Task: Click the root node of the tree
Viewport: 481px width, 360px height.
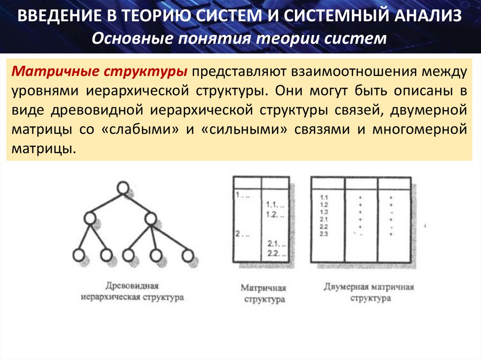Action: [x=123, y=188]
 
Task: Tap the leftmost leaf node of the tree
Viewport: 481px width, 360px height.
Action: [x=78, y=256]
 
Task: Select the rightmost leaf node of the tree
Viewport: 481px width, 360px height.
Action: [x=188, y=256]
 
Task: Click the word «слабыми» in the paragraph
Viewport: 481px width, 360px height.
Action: [x=140, y=129]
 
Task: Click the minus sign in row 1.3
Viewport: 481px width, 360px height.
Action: [x=391, y=212]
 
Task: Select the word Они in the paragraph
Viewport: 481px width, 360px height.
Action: [x=287, y=91]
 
